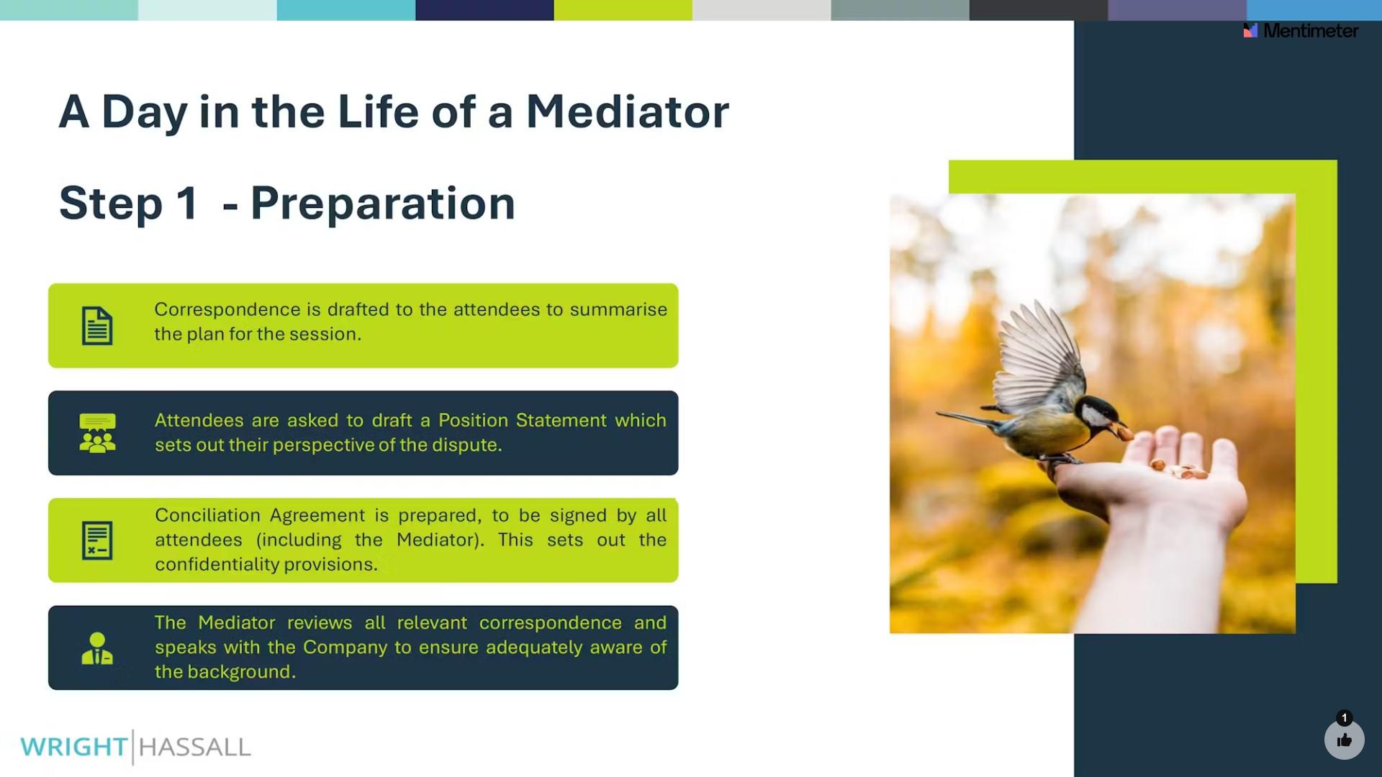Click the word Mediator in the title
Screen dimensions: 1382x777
pos(628,112)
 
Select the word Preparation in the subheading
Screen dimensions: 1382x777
pos(383,204)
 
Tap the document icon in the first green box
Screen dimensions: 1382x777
pos(97,326)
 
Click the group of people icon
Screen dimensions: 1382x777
pos(97,433)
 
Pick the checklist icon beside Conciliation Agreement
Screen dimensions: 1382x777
pos(97,540)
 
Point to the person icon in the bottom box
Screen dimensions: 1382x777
pos(97,648)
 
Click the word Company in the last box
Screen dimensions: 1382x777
pos(345,647)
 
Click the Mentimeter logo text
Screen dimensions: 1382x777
pos(1311,30)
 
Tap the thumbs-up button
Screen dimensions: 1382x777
pos(1345,740)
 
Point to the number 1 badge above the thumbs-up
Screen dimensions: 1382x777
pos(1344,718)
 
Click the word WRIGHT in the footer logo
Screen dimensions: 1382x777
pos(74,747)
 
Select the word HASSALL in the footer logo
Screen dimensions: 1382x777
pos(194,747)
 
